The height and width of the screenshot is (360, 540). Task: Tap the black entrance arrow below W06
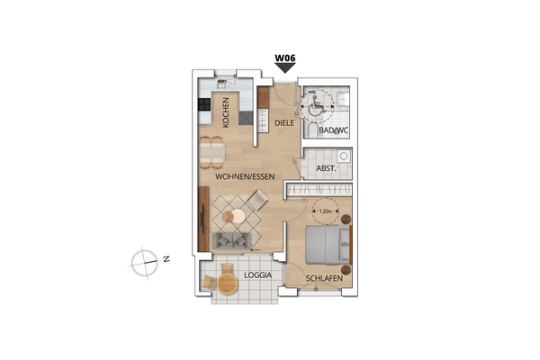(x=284, y=68)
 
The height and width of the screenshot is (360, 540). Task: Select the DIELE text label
(x=285, y=122)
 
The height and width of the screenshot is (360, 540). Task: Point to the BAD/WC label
(x=334, y=131)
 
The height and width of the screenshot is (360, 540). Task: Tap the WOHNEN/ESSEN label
(x=244, y=177)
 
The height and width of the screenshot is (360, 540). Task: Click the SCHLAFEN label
(x=323, y=279)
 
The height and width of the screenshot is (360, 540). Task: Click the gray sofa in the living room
(x=232, y=240)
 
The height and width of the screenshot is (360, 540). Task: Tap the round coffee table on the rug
(x=236, y=216)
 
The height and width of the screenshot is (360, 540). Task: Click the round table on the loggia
(x=227, y=284)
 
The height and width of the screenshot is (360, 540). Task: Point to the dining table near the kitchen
(x=211, y=151)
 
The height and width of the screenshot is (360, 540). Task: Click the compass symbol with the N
(x=144, y=263)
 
